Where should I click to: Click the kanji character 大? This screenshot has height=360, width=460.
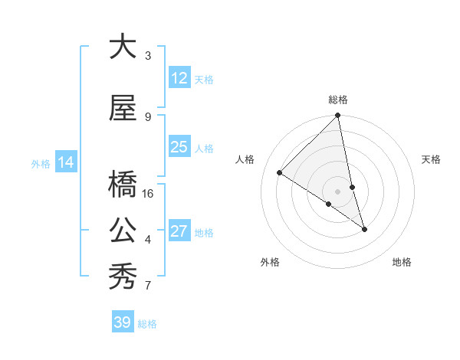click(x=123, y=47)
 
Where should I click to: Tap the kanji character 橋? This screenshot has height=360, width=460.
click(x=123, y=185)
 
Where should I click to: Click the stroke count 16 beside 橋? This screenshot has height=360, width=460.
click(x=148, y=194)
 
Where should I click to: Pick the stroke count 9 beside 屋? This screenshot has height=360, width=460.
click(x=148, y=116)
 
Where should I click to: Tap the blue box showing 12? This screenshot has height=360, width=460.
click(x=179, y=78)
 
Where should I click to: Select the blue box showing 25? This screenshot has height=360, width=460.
click(x=179, y=147)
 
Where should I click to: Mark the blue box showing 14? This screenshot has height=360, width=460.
click(x=65, y=162)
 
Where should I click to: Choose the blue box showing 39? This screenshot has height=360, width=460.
click(x=122, y=322)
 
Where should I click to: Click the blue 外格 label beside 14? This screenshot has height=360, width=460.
click(x=41, y=163)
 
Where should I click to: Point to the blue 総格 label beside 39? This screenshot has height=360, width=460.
click(x=147, y=324)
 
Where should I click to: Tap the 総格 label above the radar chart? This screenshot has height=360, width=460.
click(x=338, y=100)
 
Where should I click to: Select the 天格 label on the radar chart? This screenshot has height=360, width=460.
click(x=432, y=159)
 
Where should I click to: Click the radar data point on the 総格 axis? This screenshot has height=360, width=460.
click(x=338, y=116)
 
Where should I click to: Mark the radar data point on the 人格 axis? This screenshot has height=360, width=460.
click(x=280, y=172)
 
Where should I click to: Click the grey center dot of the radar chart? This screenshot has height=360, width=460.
click(x=338, y=191)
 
